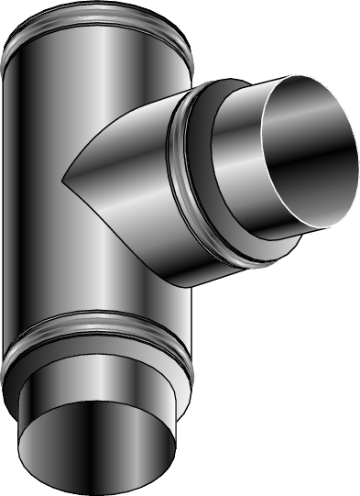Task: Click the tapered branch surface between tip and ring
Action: pyautogui.click(x=128, y=174)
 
